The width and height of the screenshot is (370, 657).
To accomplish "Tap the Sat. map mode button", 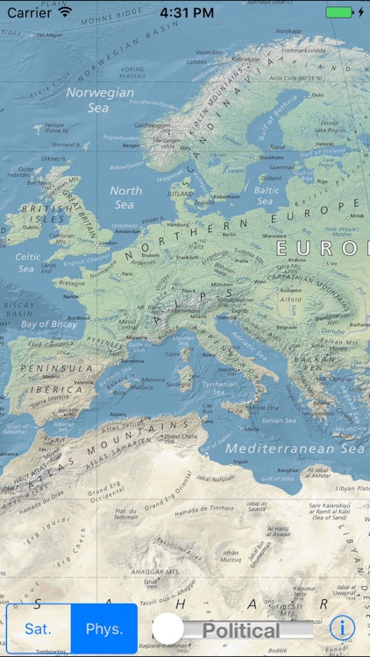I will [38, 628].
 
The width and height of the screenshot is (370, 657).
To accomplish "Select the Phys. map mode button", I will [103, 628].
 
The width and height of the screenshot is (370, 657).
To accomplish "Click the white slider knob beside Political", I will [169, 628].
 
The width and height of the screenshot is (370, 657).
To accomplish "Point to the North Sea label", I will [125, 197].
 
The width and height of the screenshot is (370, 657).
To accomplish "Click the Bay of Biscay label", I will [49, 324].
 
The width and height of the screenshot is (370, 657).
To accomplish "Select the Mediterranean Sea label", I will [295, 448].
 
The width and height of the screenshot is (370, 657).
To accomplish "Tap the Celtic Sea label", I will [27, 263].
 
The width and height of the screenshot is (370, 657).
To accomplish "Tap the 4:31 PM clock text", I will [188, 13].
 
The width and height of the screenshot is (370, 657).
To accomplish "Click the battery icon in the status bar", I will [339, 13].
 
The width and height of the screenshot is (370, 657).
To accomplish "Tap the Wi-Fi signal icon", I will [65, 13].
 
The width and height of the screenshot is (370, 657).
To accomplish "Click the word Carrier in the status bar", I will [29, 13].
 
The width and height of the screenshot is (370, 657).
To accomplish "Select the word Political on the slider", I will [241, 630].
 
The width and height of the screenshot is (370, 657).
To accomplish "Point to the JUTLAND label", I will [181, 194].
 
